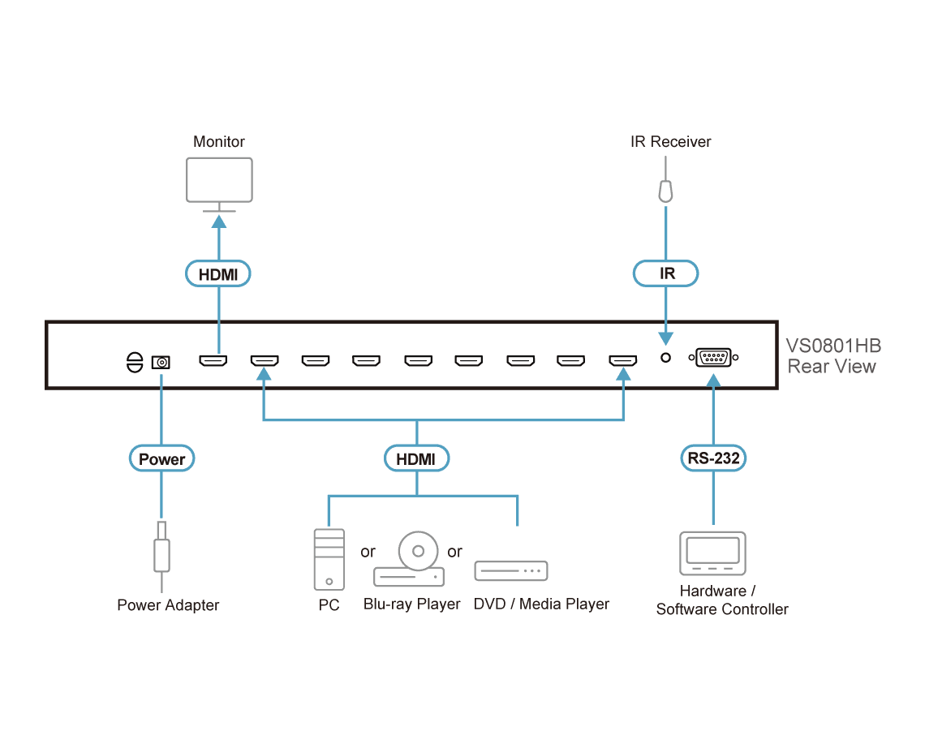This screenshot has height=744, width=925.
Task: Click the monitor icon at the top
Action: (219, 180)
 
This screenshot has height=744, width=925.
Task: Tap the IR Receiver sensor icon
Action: (665, 191)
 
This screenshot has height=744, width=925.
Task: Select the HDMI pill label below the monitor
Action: (218, 273)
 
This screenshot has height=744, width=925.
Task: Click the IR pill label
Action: (666, 273)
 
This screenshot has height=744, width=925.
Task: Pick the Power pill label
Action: (161, 458)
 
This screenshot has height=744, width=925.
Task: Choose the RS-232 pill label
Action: (713, 458)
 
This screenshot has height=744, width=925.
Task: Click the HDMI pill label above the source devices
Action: (416, 458)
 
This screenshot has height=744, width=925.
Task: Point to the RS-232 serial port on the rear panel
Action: (713, 358)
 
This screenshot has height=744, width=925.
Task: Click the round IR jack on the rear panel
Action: (665, 358)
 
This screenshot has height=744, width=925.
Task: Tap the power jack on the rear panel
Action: (161, 363)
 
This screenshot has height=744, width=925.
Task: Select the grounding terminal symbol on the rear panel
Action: (135, 363)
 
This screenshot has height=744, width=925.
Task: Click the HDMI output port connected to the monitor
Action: (213, 360)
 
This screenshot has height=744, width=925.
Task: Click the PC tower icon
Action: (329, 559)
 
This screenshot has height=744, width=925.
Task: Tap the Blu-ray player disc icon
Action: (418, 551)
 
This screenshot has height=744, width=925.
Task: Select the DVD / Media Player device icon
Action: (511, 570)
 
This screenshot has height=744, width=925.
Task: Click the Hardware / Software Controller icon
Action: (712, 553)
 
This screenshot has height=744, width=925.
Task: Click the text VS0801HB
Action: (833, 346)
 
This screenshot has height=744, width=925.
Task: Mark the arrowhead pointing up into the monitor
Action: (219, 221)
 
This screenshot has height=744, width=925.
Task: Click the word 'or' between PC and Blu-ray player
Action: (368, 553)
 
